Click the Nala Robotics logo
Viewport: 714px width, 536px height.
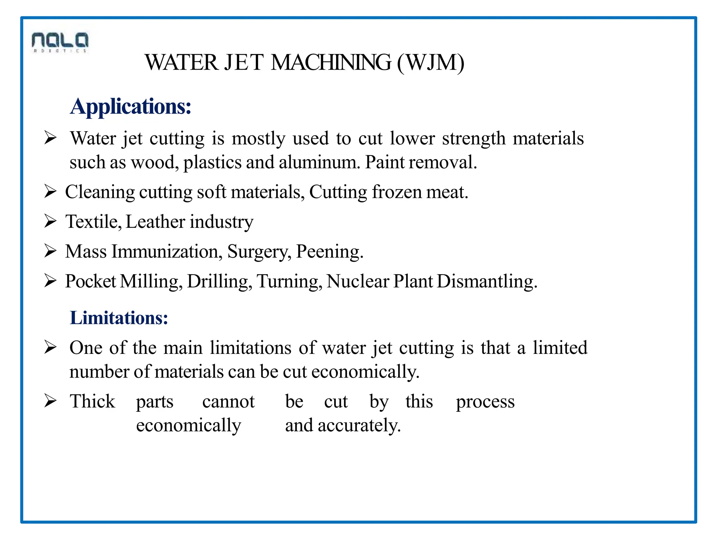click(60, 42)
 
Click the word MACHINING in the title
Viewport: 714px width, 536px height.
click(331, 63)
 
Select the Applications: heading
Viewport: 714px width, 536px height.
click(131, 106)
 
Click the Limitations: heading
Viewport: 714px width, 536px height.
click(119, 318)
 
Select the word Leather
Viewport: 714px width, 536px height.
click(155, 222)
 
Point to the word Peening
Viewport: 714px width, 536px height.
click(329, 252)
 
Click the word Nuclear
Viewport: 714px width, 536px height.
click(358, 281)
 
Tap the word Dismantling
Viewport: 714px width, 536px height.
click(487, 281)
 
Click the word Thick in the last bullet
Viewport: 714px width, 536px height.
click(92, 401)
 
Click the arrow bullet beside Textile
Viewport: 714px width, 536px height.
click(50, 221)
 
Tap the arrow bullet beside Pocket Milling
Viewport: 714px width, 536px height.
click(50, 281)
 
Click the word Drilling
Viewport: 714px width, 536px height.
click(219, 281)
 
